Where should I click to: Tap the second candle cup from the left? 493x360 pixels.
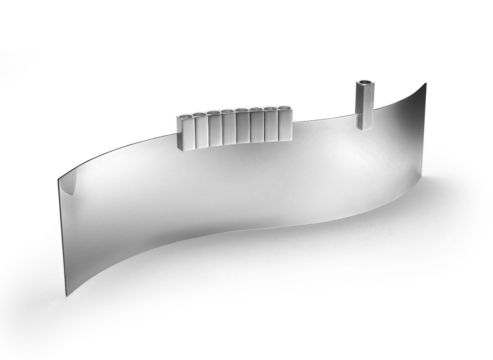click(x=201, y=131)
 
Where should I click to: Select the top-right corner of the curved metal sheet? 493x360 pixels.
click(x=426, y=83)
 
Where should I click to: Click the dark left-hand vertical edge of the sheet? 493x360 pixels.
click(x=62, y=237)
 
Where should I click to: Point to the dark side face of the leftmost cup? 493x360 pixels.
click(x=180, y=133)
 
